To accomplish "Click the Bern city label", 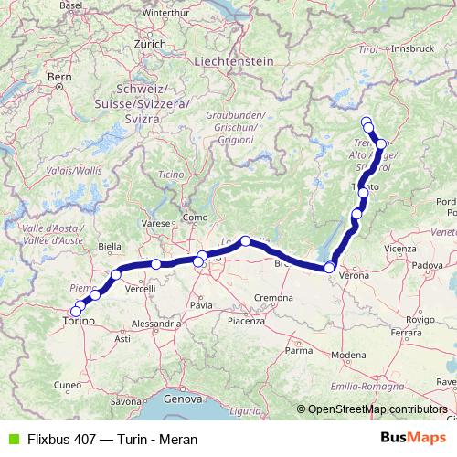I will [x=58, y=78].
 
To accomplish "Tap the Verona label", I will [x=353, y=274].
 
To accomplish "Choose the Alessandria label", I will [x=155, y=324].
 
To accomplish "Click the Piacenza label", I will [x=245, y=321].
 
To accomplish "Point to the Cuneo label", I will [x=42, y=386].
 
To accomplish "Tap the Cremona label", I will [x=273, y=298].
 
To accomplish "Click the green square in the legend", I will [x=12, y=439].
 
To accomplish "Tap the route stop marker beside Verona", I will [x=330, y=267].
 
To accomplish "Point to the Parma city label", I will [x=298, y=350].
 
